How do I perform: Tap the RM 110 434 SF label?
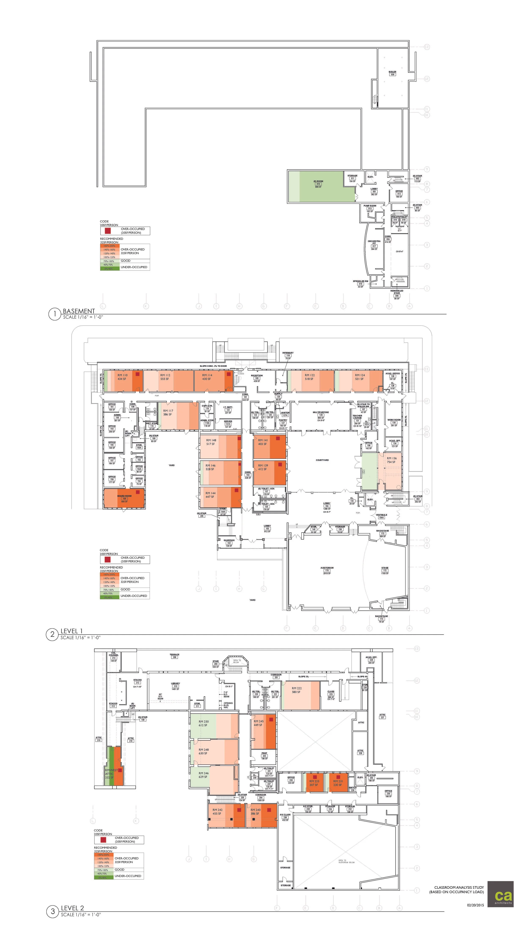pos(122,377)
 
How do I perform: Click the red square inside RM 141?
pos(278,439)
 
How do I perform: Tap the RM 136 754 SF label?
pos(392,460)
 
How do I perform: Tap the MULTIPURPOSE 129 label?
pos(321,414)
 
